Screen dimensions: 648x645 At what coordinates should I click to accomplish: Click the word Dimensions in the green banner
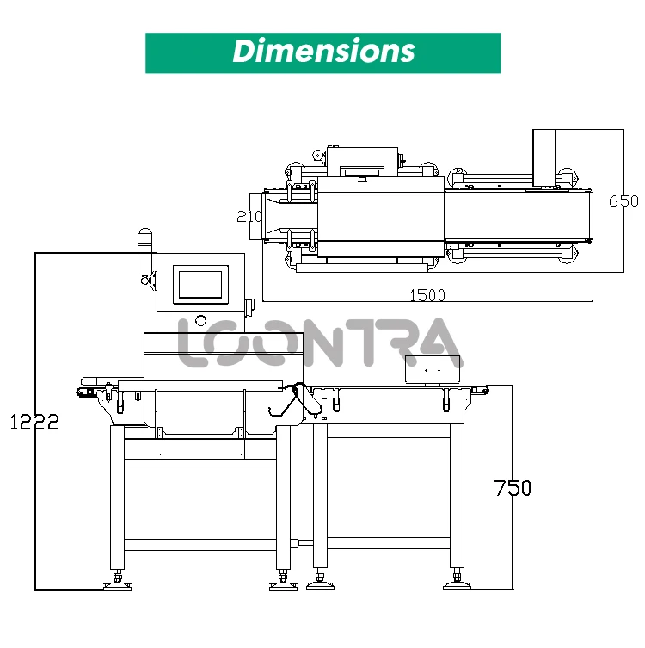[x=322, y=51]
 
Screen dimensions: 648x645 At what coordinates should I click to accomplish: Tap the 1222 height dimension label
[x=34, y=422]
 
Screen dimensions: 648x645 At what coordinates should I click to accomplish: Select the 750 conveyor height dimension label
[x=513, y=488]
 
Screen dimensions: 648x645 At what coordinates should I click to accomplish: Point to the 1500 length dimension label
[x=427, y=295]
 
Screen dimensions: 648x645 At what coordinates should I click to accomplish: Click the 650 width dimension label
[x=623, y=201]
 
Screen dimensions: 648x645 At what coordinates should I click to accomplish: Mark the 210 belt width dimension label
[x=249, y=216]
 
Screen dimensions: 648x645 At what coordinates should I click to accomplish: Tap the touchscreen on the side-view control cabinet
[x=202, y=284]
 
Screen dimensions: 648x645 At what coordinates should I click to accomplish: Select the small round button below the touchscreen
[x=201, y=321]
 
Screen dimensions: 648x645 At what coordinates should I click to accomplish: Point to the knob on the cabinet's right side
[x=250, y=305]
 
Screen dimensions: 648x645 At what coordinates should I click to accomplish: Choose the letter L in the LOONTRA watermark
[x=193, y=343]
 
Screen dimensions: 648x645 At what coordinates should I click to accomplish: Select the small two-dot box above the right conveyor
[x=433, y=367]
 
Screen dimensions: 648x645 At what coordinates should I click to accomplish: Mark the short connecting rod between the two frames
[x=302, y=543]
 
